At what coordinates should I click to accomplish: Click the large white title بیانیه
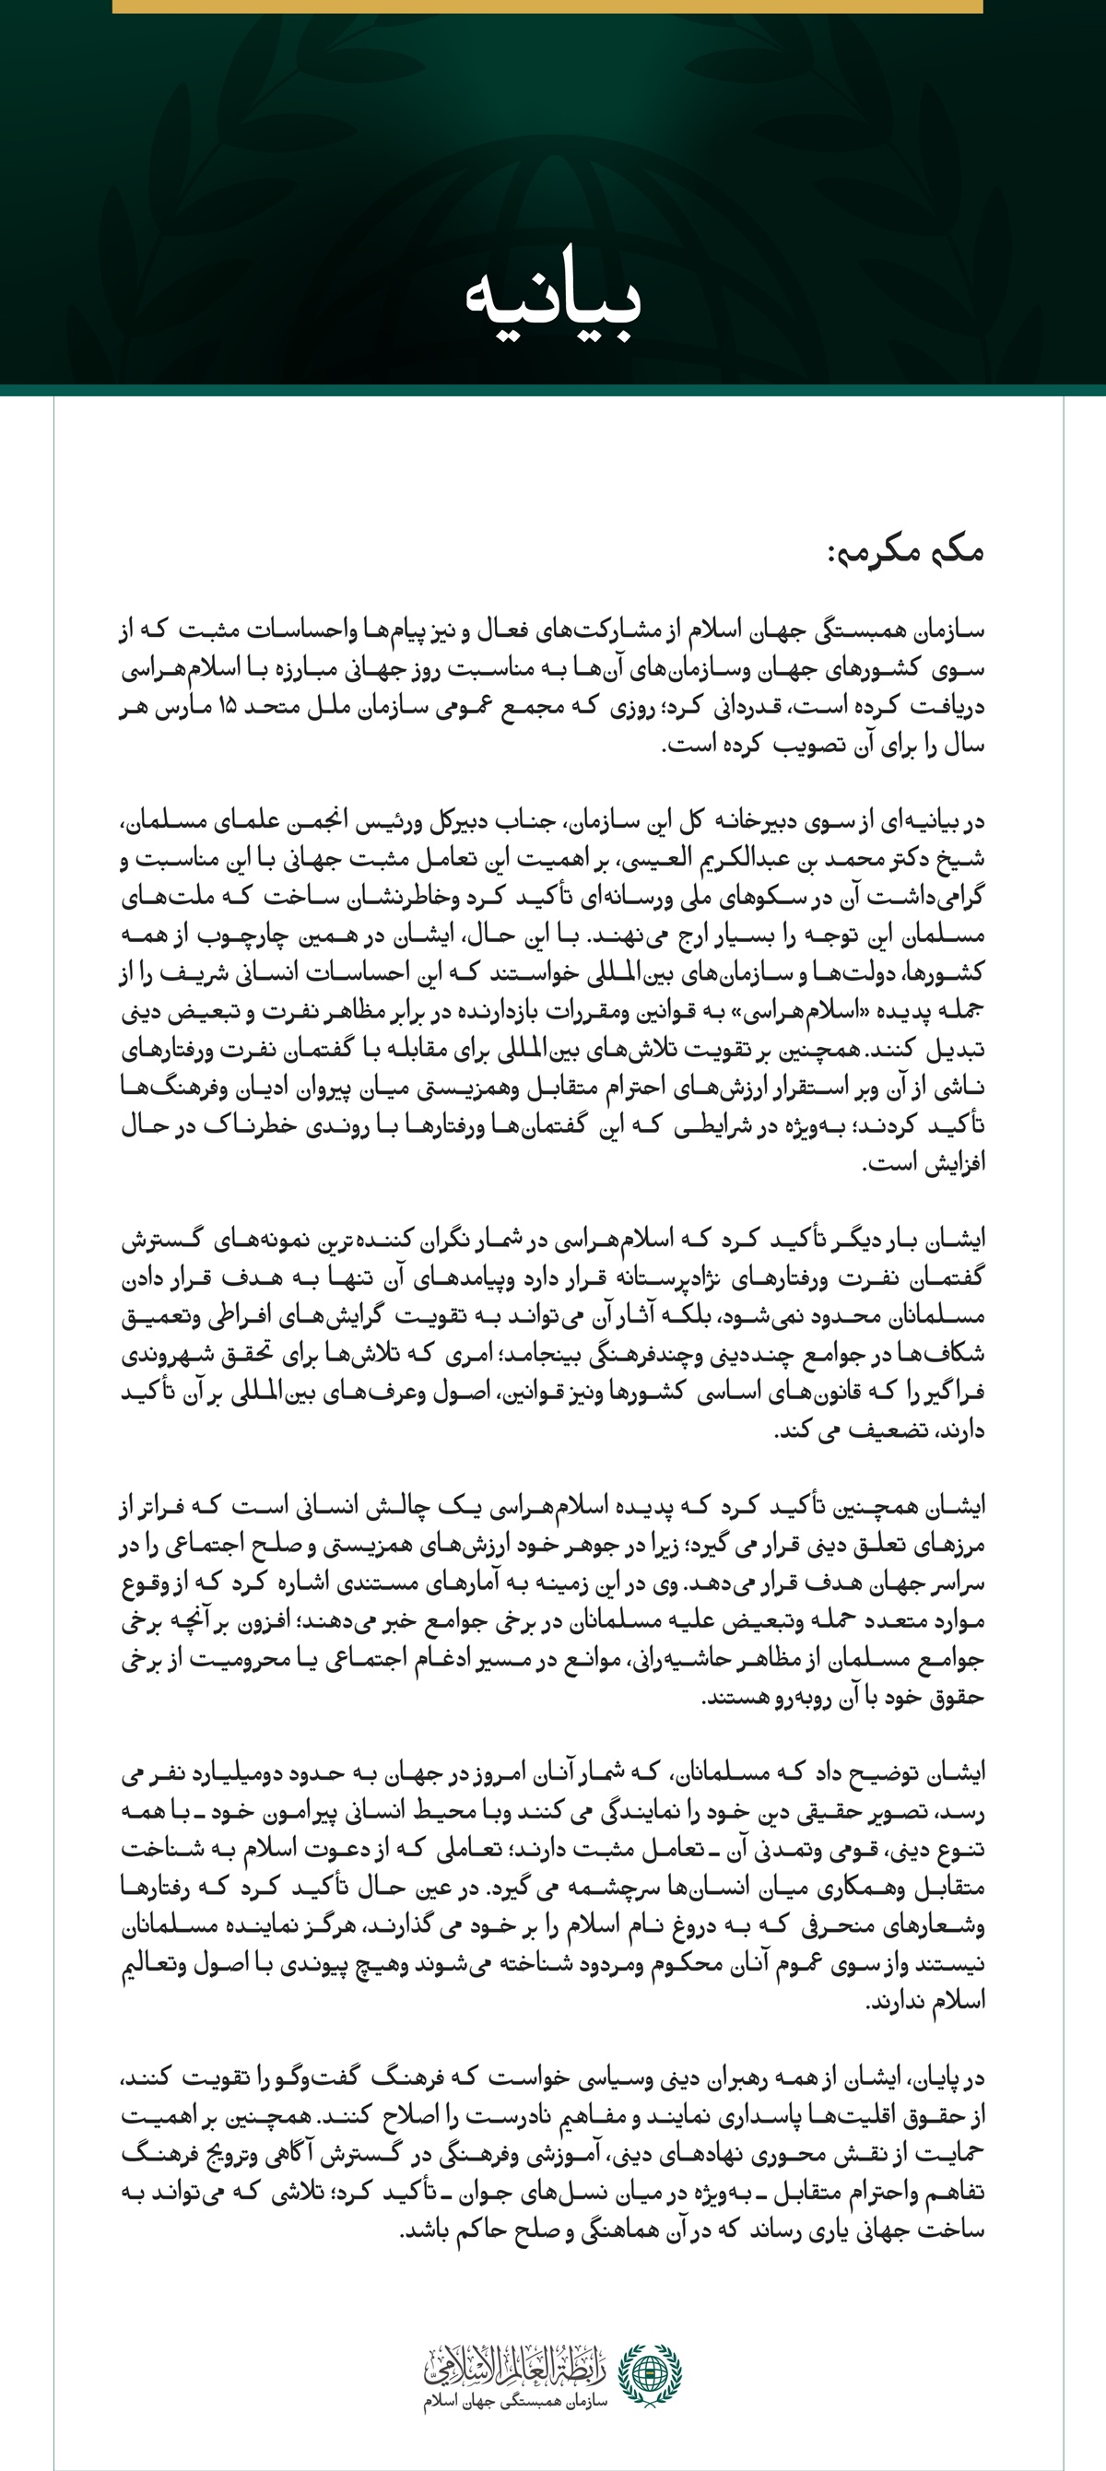pyautogui.click(x=554, y=298)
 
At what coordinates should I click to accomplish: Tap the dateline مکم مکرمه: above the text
pyautogui.click(x=905, y=551)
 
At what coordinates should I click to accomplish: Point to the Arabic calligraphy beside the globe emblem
pyautogui.click(x=516, y=2364)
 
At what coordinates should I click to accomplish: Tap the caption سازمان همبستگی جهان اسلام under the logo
pyautogui.click(x=516, y=2401)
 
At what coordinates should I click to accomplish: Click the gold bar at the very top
pyautogui.click(x=547, y=6)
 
